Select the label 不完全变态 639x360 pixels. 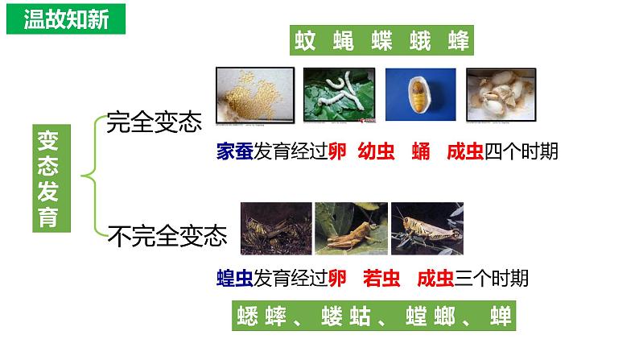point(167,235)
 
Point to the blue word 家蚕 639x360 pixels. point(235,151)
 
